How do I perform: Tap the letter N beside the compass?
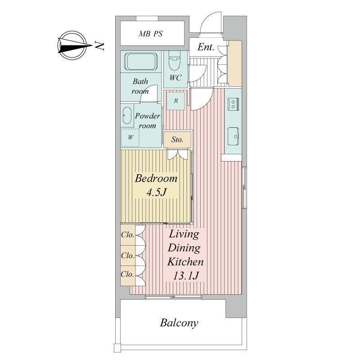99,46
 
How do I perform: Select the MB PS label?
151,34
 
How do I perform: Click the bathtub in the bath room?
141,61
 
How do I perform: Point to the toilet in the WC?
175,60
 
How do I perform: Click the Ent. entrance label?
206,47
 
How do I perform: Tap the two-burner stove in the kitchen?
233,103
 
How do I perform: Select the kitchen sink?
233,136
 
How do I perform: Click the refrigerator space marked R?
175,101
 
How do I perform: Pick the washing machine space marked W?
130,137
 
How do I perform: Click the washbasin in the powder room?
127,116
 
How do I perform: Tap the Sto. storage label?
177,139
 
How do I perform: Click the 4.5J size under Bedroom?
156,192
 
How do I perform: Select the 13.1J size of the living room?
185,275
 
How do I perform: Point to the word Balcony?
179,323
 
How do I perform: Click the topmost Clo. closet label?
127,234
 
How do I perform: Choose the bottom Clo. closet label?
127,274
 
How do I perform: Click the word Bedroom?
156,178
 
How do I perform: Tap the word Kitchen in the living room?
185,262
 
